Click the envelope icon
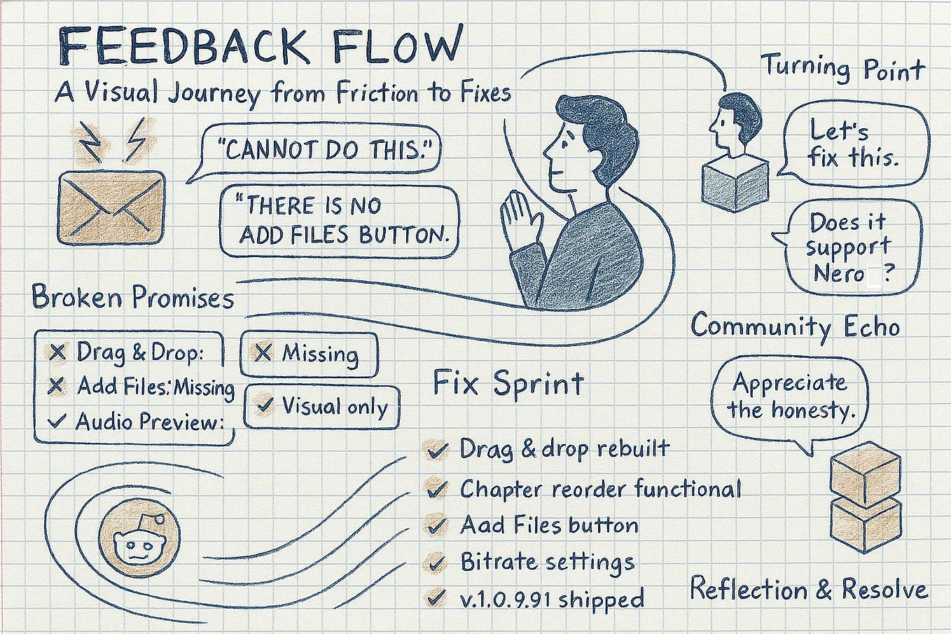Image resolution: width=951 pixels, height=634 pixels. (111, 207)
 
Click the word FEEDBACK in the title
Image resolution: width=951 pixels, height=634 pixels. (183, 46)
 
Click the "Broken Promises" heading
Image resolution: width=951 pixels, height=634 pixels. (133, 297)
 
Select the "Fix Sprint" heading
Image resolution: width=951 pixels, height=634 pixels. (508, 383)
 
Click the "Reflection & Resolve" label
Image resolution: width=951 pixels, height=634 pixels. (808, 589)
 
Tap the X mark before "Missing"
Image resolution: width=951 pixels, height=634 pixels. (263, 352)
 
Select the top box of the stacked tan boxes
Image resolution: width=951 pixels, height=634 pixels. (866, 474)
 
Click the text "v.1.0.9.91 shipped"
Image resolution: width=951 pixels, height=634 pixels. (552, 599)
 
